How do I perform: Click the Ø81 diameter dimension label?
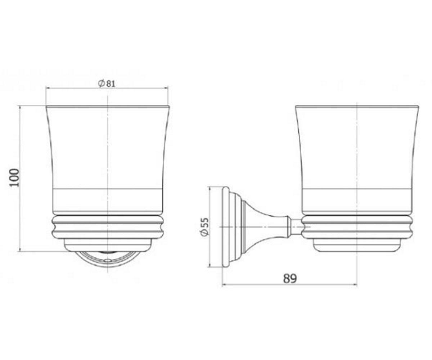point(107,84)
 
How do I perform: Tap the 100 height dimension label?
point(15,178)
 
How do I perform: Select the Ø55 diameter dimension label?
point(204,226)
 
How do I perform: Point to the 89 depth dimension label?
point(290,279)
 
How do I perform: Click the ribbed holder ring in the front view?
point(108,227)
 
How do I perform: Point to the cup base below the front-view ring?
point(108,246)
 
